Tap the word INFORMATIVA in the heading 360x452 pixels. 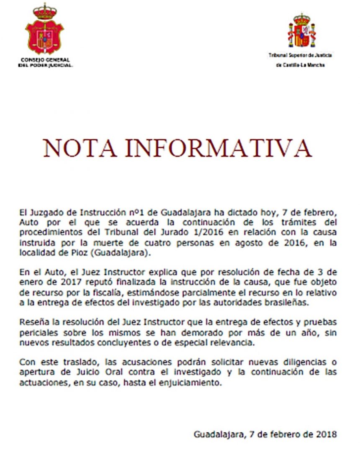click(219, 148)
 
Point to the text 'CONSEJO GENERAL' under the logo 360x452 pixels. click(45, 60)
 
